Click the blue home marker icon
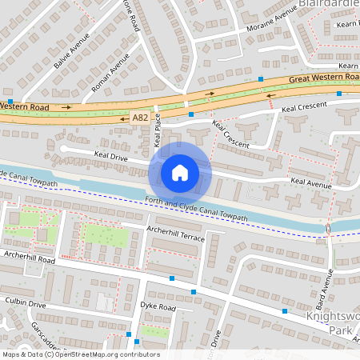(x=180, y=172)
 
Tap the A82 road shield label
(x=141, y=118)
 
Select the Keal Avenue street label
(x=310, y=184)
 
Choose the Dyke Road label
(x=157, y=306)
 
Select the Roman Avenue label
(x=110, y=74)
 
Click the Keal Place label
(x=158, y=133)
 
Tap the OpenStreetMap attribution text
(x=81, y=354)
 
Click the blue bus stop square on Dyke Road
(x=194, y=293)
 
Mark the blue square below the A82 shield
(x=191, y=114)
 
